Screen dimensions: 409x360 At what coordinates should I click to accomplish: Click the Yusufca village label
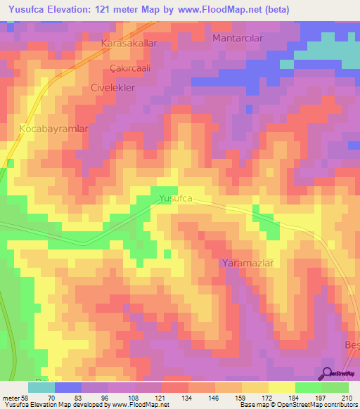pyautogui.click(x=175, y=199)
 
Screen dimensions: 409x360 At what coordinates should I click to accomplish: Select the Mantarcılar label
pyautogui.click(x=238, y=38)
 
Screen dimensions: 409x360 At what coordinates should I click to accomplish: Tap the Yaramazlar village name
pyautogui.click(x=246, y=263)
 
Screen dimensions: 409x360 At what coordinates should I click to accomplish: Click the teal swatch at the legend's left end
pyautogui.click(x=41, y=387)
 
